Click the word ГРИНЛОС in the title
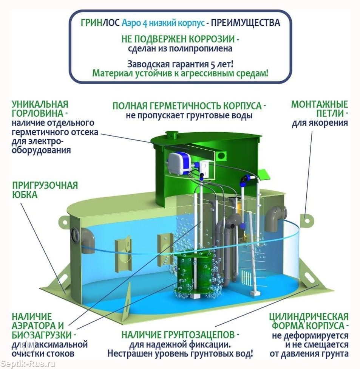(100, 23)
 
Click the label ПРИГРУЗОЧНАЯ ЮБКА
(45, 190)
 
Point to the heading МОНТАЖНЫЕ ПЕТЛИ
(320, 109)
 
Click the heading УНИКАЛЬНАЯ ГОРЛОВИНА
(40, 109)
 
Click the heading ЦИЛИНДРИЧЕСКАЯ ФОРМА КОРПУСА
(309, 321)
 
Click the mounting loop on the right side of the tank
(307, 220)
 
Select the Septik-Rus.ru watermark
(28, 364)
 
